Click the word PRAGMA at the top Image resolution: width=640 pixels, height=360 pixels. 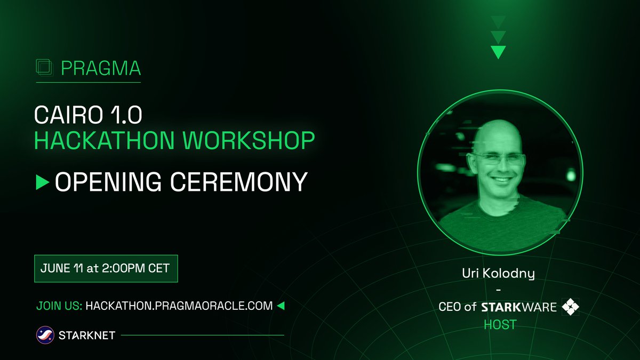pyautogui.click(x=101, y=68)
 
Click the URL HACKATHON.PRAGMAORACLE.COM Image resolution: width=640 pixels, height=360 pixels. pyautogui.click(x=179, y=306)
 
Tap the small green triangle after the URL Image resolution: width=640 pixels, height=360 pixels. pyautogui.click(x=281, y=306)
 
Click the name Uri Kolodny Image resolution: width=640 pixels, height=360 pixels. pyautogui.click(x=498, y=275)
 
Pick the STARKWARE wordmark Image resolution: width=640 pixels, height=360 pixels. pyautogui.click(x=519, y=307)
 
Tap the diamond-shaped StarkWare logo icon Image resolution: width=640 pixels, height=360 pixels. pyautogui.click(x=570, y=307)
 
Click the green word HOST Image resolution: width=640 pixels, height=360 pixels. pyautogui.click(x=500, y=324)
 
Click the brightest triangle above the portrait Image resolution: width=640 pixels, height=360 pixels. pyautogui.click(x=498, y=52)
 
